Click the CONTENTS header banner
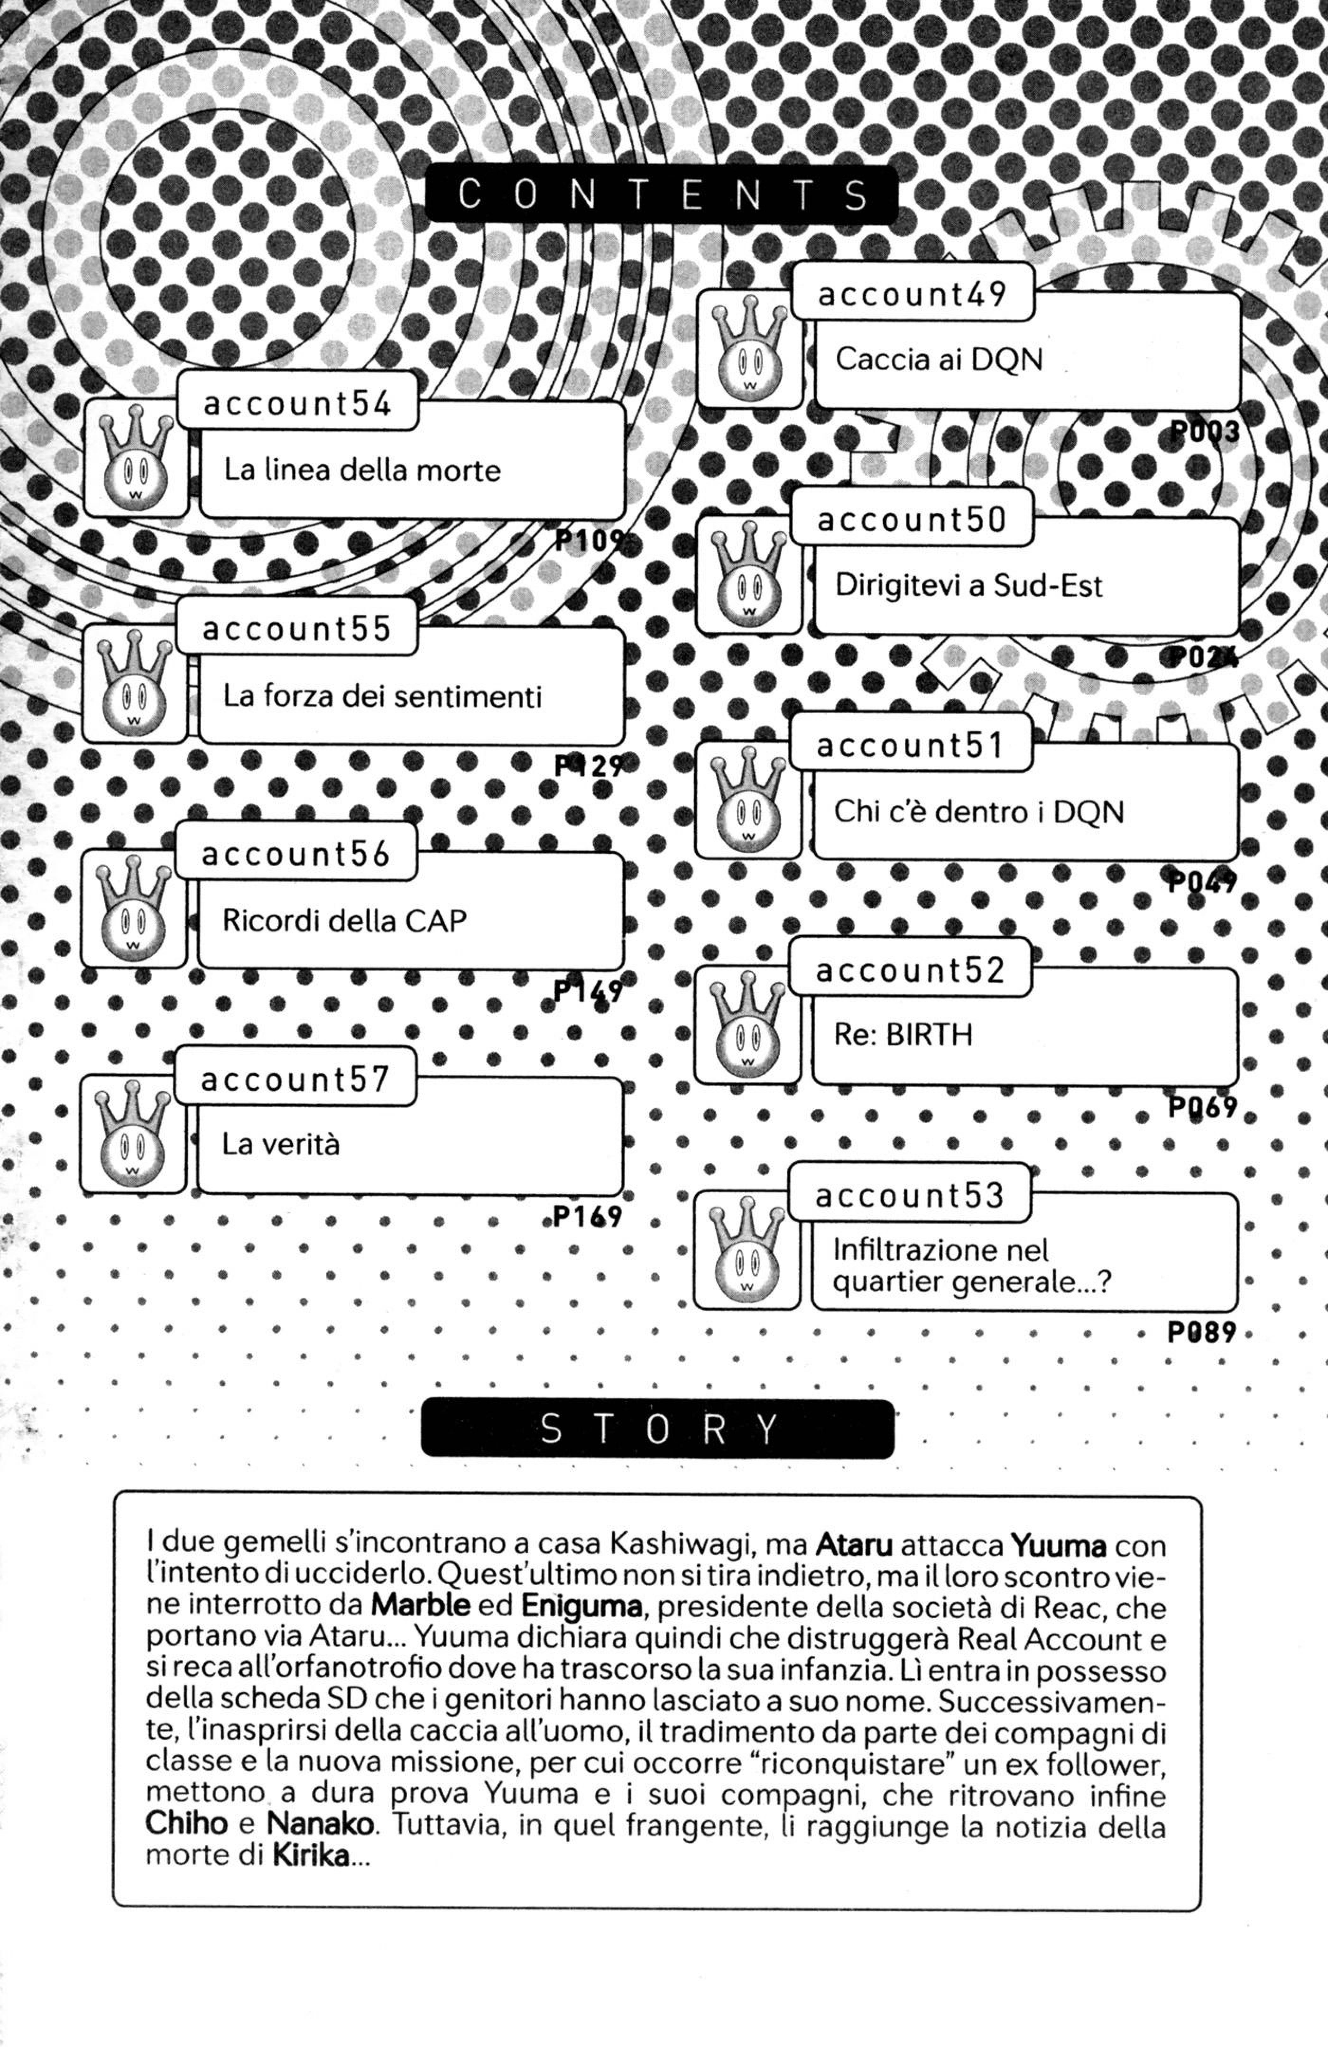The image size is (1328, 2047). [x=661, y=195]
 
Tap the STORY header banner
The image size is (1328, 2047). [x=658, y=1429]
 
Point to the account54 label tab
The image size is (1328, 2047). [x=298, y=403]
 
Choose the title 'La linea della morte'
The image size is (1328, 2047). [x=362, y=470]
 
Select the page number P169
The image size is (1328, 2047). [x=587, y=1216]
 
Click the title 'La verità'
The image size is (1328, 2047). [x=280, y=1144]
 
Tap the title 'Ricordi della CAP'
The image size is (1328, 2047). [x=344, y=920]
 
